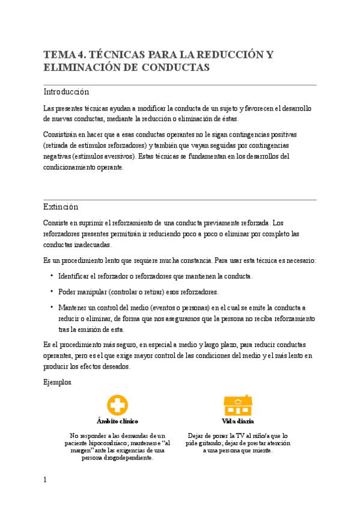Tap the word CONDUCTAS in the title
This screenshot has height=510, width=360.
coord(175,68)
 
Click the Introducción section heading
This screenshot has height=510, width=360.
coord(66,92)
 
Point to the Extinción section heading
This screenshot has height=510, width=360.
coord(61,207)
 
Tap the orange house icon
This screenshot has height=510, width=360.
coord(237,406)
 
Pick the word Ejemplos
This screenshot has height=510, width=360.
coord(58,382)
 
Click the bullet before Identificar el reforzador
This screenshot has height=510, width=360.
coord(51,276)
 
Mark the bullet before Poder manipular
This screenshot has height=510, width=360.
coord(51,292)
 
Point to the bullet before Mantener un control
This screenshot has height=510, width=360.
coord(51,307)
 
